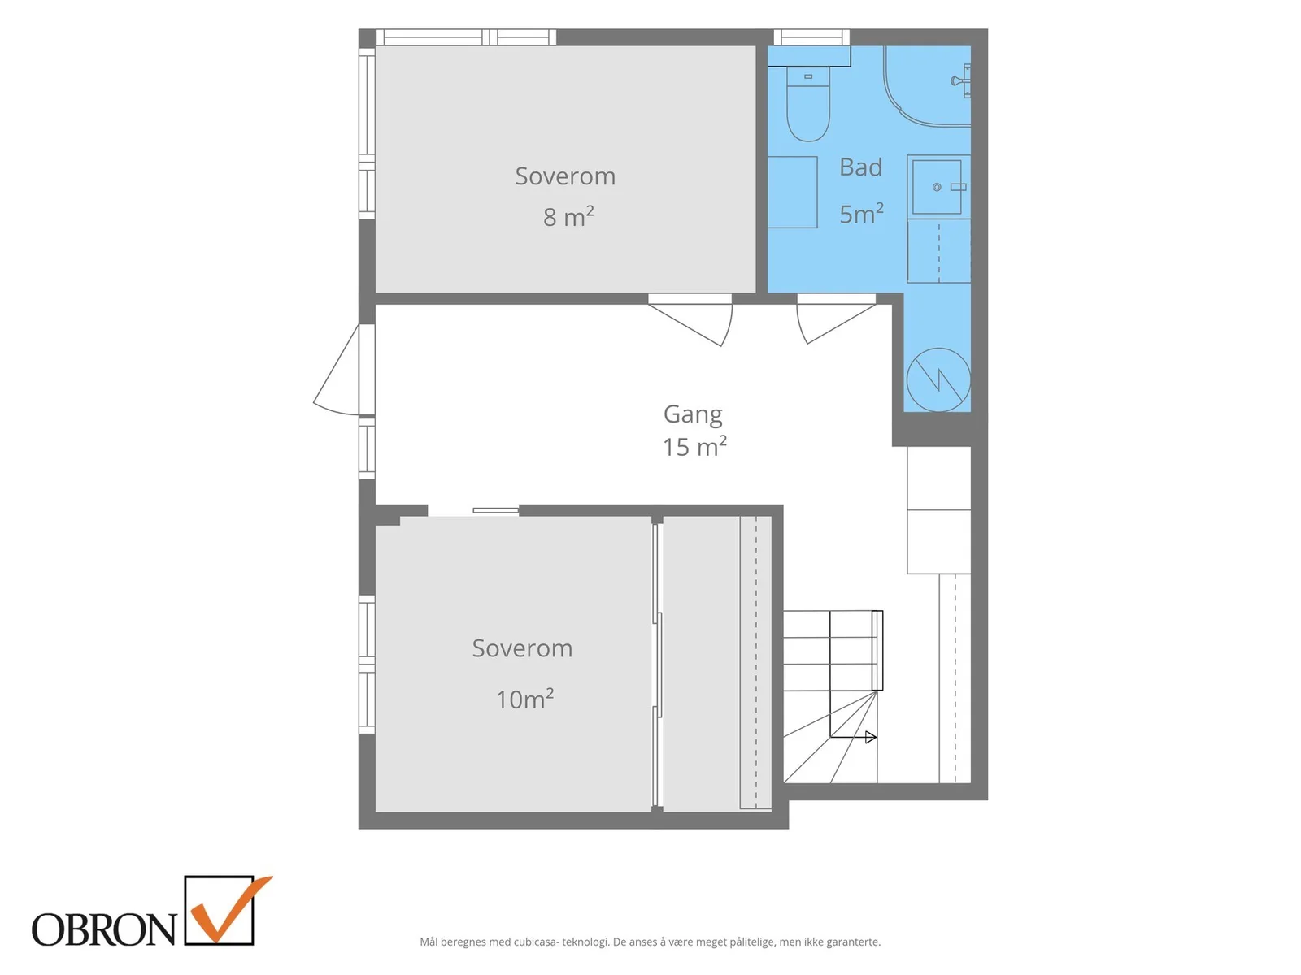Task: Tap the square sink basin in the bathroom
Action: [x=936, y=187]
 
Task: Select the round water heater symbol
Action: [x=938, y=379]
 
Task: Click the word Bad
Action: [x=860, y=167]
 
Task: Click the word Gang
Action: [x=692, y=414]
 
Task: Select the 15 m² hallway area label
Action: [x=694, y=447]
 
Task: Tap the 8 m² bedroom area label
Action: [x=568, y=217]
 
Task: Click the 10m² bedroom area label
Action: [x=524, y=699]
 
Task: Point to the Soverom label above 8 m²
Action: [x=565, y=176]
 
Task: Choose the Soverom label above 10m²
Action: [x=522, y=648]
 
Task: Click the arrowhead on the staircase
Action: [x=870, y=737]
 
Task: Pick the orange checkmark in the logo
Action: [x=229, y=910]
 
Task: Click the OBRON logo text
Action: [x=104, y=929]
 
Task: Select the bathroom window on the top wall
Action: [x=811, y=37]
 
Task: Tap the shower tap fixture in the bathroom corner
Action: [x=960, y=80]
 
